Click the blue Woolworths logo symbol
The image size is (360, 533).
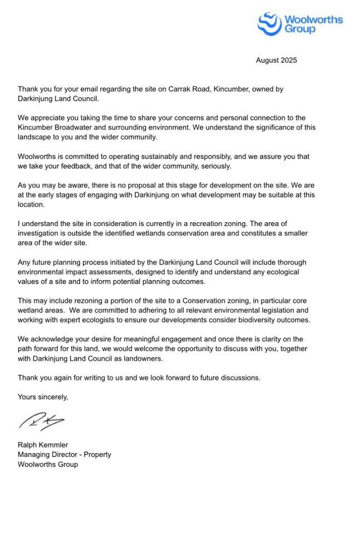coord(270,24)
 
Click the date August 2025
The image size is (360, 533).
coord(276,60)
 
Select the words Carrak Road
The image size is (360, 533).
coord(173,89)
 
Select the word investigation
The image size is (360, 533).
coord(39,233)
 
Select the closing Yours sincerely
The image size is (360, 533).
coord(43,396)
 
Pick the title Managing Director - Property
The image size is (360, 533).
coord(64,454)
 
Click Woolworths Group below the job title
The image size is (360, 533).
coord(48,464)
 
